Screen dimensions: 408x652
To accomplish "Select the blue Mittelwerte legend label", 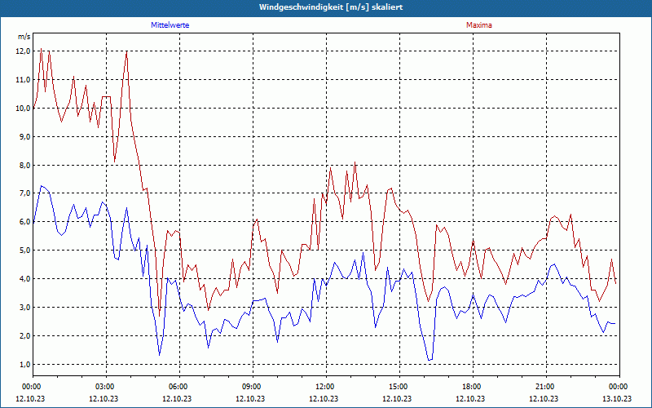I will click(x=170, y=25).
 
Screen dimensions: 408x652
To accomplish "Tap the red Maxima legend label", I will click(x=479, y=25).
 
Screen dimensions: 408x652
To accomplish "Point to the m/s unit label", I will click(x=24, y=37).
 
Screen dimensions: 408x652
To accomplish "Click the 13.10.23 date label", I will click(x=617, y=398).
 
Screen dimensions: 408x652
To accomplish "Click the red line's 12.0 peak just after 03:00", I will click(x=127, y=52).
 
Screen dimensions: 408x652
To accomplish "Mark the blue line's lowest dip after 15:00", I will click(x=429, y=360).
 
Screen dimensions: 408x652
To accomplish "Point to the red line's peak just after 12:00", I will click(x=355, y=162).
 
